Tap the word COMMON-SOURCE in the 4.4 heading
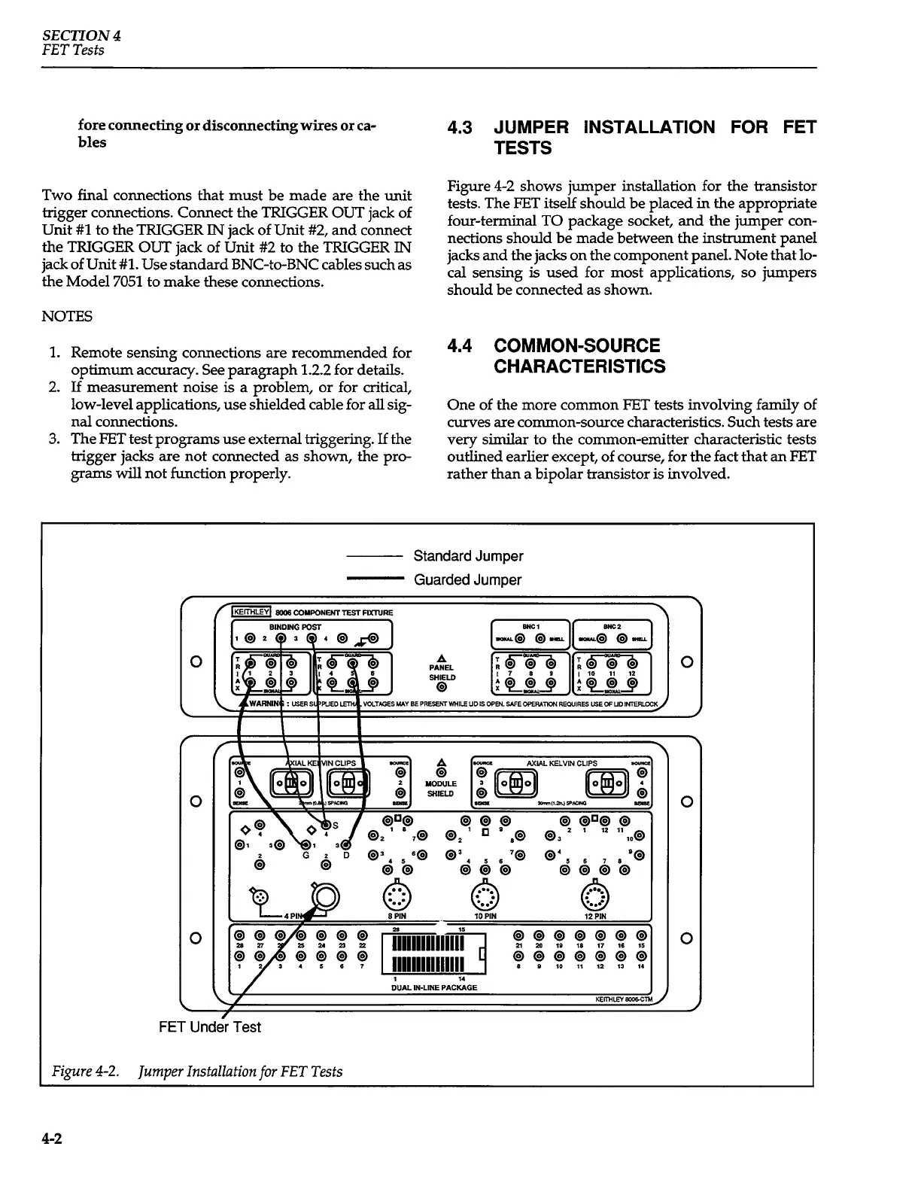click(576, 346)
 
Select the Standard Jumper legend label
click(468, 556)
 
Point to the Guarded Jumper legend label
click(467, 579)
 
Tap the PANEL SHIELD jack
click(441, 686)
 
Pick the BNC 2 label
click(612, 625)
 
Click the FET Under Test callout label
click(210, 1027)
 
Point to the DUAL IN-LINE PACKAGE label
click(434, 987)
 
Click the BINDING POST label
click(295, 626)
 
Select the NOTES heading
click(67, 317)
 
